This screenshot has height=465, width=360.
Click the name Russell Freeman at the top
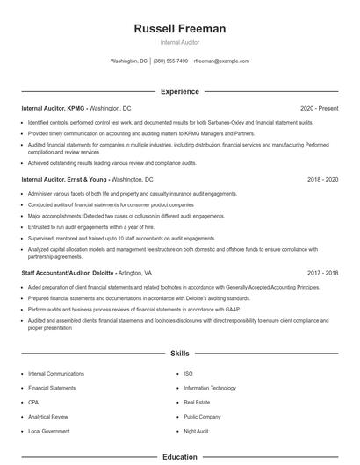point(180,29)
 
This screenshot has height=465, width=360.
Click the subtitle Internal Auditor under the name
point(180,42)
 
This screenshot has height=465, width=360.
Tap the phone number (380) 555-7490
point(170,61)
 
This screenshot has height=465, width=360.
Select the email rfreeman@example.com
point(222,61)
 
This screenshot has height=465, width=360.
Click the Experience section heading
point(180,91)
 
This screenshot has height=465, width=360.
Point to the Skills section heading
point(180,354)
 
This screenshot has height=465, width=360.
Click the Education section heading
point(180,457)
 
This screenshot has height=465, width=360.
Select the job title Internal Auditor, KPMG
point(54,108)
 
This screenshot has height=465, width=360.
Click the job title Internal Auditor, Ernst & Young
point(64,179)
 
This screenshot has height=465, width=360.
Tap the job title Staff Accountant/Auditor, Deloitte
point(67,274)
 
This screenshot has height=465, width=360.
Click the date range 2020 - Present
point(319,108)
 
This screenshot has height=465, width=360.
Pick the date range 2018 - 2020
point(322,179)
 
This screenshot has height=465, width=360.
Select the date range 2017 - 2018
point(322,274)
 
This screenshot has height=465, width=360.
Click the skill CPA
point(34,402)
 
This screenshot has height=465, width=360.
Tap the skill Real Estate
point(198,402)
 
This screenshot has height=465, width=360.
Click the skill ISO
point(188,373)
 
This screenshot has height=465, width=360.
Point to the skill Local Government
point(50,432)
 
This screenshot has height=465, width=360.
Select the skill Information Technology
point(210,387)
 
